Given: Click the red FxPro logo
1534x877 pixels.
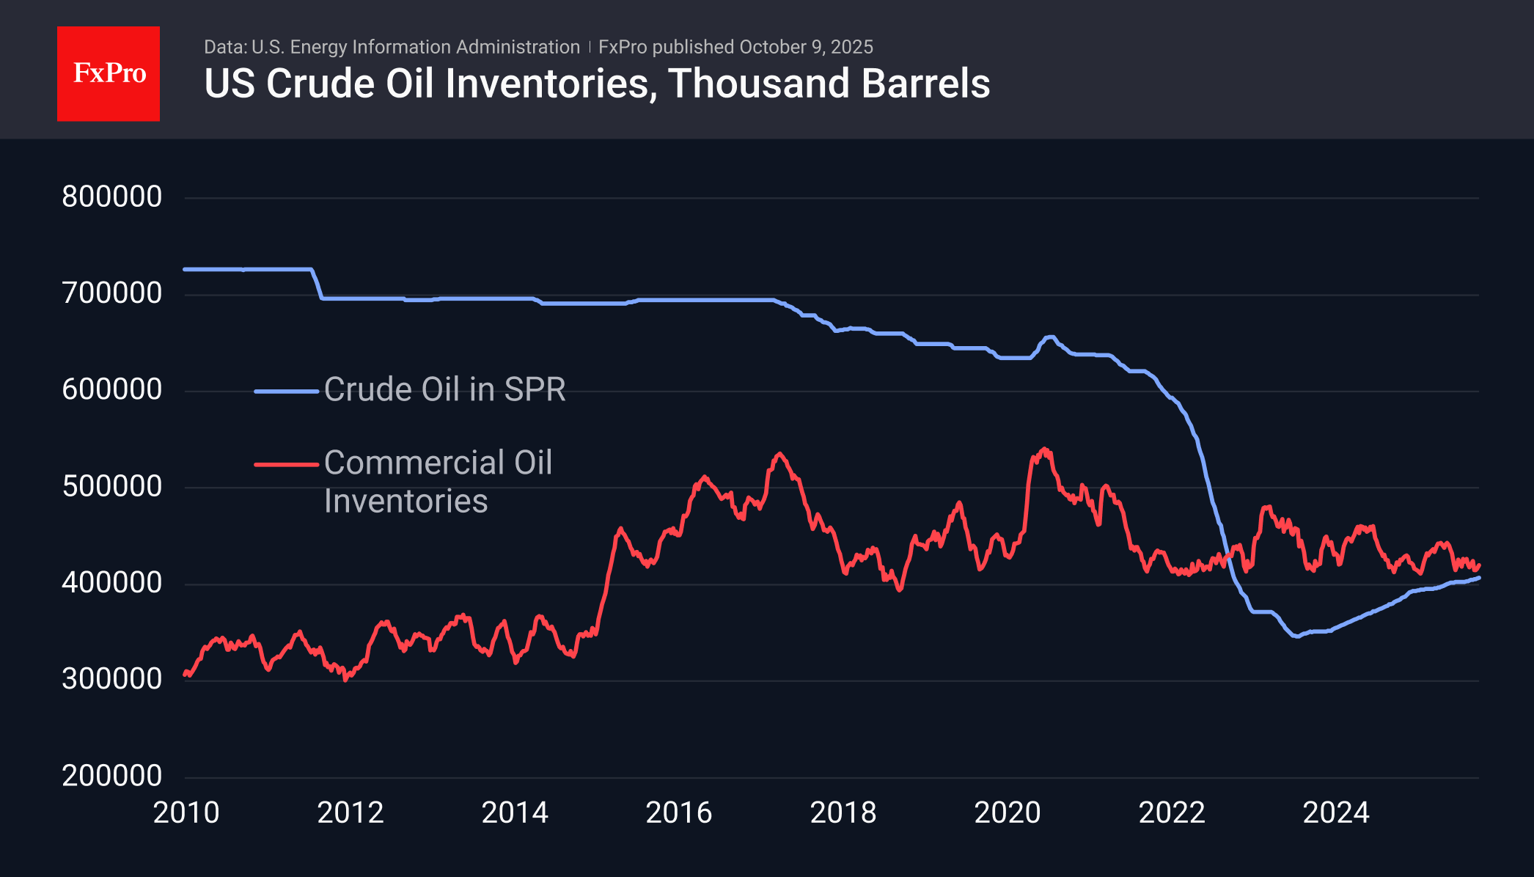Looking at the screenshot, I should [x=109, y=73].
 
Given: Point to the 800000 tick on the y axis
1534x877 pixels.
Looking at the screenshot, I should [x=112, y=197].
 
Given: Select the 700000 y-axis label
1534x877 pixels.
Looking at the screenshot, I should [x=112, y=293].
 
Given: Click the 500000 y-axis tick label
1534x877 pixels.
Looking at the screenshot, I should [x=112, y=486].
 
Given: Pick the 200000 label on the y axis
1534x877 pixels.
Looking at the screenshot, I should [x=112, y=776].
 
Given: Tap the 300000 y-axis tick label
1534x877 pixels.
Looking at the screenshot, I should [x=112, y=679].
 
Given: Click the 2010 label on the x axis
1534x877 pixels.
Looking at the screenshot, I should [x=186, y=812].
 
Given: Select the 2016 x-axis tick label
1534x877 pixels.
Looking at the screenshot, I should [x=679, y=812].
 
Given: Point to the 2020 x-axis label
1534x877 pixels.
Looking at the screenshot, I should [x=1008, y=812].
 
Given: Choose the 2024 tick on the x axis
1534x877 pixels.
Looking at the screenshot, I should [x=1336, y=812].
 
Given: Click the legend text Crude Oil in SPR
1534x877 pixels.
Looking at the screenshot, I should [x=444, y=389].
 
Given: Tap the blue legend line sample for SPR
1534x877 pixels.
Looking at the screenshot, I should [x=286, y=392].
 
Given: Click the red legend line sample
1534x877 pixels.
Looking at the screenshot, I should [x=286, y=464].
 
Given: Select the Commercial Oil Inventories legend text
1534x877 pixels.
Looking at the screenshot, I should [x=437, y=482].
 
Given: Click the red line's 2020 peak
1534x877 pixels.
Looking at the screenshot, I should [x=1044, y=449].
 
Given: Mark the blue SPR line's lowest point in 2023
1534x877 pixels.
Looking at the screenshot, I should [x=1297, y=636].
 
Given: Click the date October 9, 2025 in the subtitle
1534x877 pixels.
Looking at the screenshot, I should [x=806, y=47].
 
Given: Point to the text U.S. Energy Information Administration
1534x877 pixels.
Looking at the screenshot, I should [x=415, y=47].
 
